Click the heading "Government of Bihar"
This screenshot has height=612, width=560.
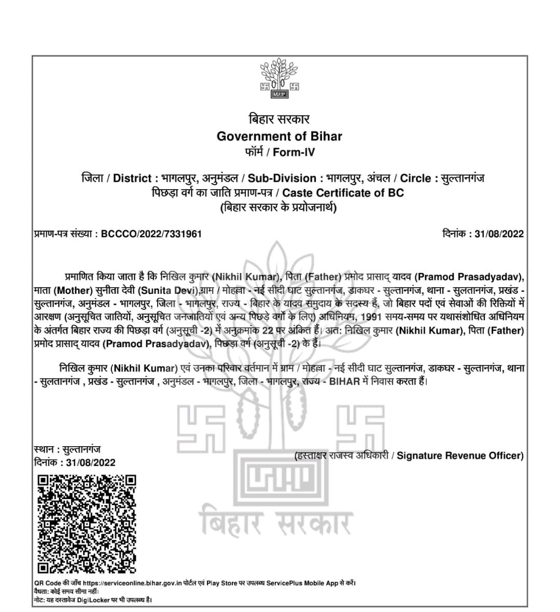279,136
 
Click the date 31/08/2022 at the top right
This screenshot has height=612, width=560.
499,234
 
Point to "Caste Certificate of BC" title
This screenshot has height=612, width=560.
343,193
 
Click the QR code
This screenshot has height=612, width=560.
87,524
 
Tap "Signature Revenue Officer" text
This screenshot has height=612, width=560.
460,456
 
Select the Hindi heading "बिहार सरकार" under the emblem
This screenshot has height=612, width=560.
279,119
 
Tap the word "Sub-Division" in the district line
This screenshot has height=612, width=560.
282,179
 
